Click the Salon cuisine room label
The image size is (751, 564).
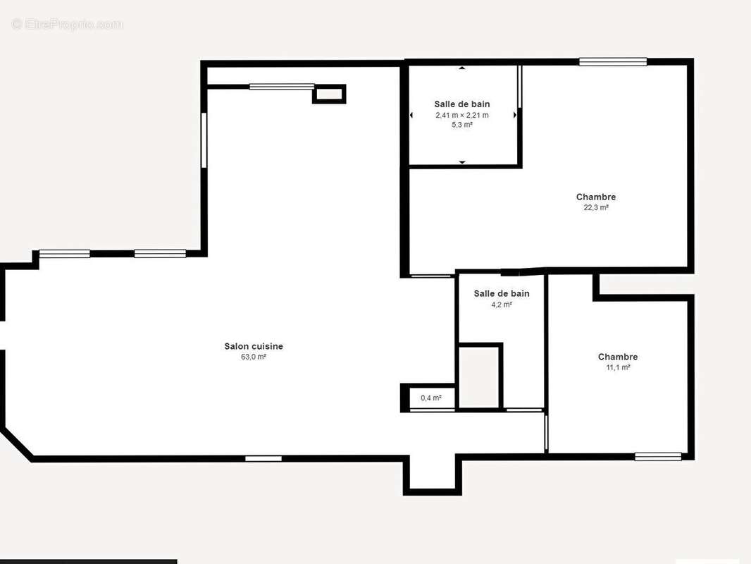(x=254, y=346)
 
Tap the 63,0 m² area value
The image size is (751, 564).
(x=254, y=357)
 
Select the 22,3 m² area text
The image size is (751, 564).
(x=596, y=207)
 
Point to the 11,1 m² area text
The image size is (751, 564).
(x=618, y=367)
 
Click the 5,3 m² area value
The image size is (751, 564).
(x=462, y=125)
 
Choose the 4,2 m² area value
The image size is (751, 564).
(x=502, y=305)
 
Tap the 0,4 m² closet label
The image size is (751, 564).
(x=431, y=398)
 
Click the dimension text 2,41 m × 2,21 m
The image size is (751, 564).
(x=462, y=115)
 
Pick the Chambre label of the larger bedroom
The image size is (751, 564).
(x=596, y=197)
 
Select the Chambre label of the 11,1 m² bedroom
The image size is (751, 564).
(x=618, y=357)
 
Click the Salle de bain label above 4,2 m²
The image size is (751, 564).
(x=502, y=294)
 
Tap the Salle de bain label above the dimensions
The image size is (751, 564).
(x=462, y=104)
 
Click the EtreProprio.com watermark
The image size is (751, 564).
(x=67, y=24)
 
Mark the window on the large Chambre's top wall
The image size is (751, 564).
(x=613, y=61)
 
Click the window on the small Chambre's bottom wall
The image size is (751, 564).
(x=658, y=457)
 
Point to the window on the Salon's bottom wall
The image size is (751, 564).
(x=263, y=458)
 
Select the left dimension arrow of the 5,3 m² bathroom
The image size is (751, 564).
(x=411, y=115)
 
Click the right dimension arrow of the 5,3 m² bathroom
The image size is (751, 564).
(x=516, y=115)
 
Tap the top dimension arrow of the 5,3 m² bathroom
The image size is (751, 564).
(x=462, y=68)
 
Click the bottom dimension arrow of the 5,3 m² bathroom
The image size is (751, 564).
(x=462, y=162)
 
